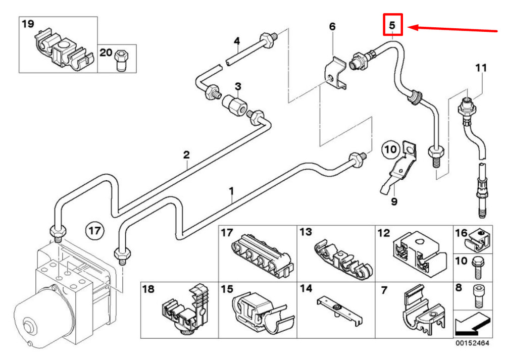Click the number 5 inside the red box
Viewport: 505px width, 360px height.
(392, 25)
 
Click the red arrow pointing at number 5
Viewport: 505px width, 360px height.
(453, 29)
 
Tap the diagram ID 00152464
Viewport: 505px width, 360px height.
(472, 343)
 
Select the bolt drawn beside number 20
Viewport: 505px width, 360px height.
(121, 60)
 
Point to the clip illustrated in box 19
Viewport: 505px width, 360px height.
(65, 50)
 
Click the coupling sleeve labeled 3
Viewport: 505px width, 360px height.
(234, 105)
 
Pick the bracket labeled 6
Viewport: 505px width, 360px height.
(336, 73)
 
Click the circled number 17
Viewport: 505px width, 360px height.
(95, 231)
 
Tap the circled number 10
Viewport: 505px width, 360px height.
(390, 149)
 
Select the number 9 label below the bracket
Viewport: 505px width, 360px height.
(394, 202)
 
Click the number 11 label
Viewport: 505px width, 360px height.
(481, 68)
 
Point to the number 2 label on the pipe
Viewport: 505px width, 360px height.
(186, 155)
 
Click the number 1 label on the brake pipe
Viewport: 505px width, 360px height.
(232, 191)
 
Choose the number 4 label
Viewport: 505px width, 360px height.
(237, 41)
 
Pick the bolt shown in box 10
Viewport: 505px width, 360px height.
(477, 267)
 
